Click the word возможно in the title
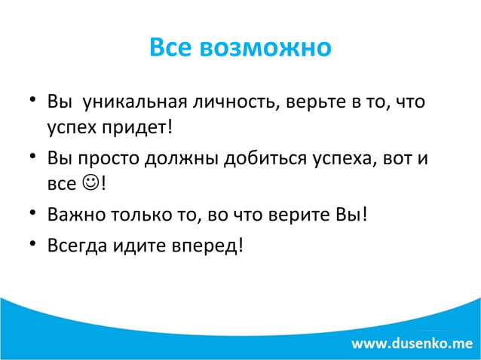[x=267, y=47]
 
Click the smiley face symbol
[x=89, y=183]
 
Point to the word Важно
[x=72, y=217]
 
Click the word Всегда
[x=74, y=246]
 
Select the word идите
[x=134, y=246]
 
